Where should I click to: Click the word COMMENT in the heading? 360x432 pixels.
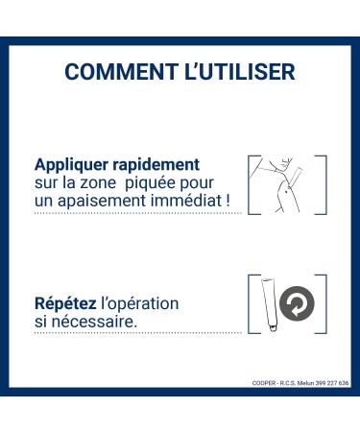[x=122, y=71]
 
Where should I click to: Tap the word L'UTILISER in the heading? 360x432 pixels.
[x=240, y=71]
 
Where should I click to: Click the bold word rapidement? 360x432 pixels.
[x=156, y=165]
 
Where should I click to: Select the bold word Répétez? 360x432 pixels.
[x=65, y=303]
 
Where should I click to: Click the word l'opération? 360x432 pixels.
[x=140, y=304]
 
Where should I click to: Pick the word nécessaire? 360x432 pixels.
[x=94, y=322]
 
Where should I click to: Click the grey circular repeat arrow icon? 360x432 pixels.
[x=297, y=303]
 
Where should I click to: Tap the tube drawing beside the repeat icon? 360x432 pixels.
[x=270, y=305]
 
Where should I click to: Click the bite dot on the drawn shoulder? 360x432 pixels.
[x=286, y=192]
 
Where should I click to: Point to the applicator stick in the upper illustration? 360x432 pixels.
[x=296, y=176]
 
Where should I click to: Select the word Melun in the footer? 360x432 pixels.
[x=305, y=383]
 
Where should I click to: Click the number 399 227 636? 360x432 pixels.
[x=332, y=383]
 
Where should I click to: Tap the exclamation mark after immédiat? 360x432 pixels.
[x=228, y=201]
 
